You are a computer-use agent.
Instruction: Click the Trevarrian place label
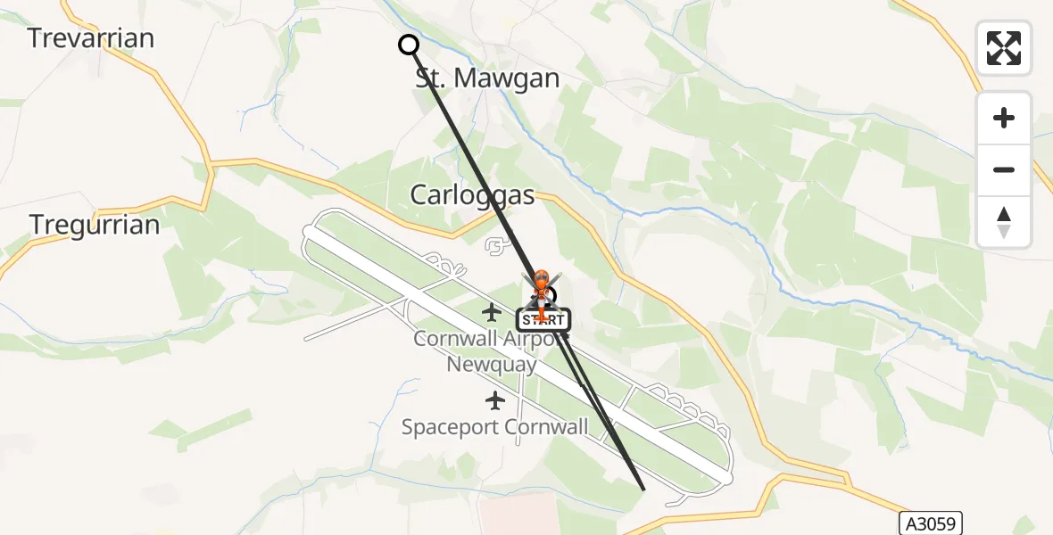90,37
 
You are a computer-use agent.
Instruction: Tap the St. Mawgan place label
487,78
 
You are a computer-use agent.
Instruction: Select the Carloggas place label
472,195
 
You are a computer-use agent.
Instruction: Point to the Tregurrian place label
95,225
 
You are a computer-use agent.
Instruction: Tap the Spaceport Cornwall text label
494,427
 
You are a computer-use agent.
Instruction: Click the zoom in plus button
1004,118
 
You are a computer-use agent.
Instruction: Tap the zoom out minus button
1004,169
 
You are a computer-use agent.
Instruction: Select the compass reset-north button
1004,222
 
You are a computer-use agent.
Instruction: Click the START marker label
543,319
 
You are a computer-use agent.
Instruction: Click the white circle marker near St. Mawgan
409,45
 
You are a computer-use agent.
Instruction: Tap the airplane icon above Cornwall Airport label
491,312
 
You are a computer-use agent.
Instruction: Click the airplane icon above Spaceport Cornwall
493,400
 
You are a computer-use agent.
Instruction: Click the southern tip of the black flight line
643,489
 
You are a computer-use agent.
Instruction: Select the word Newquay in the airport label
492,365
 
